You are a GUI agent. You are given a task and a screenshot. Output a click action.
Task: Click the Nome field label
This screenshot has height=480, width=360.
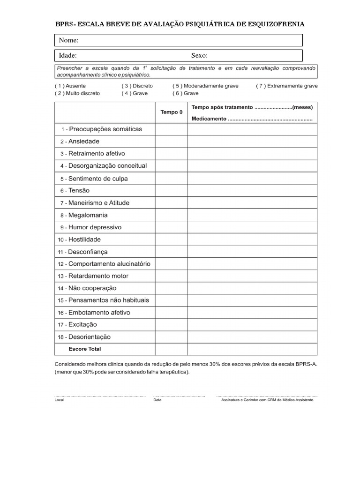pyautogui.click(x=68, y=40)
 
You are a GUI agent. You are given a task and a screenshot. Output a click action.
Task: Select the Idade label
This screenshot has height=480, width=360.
pyautogui.click(x=68, y=56)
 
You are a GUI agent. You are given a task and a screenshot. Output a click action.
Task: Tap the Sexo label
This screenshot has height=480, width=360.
pyautogui.click(x=199, y=56)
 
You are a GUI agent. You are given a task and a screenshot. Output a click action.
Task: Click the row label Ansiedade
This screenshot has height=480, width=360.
pyautogui.click(x=84, y=141)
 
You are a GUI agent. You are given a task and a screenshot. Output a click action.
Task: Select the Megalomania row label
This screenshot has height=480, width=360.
pyautogui.click(x=88, y=215)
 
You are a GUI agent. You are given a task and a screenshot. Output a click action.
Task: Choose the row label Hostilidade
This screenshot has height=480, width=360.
pyautogui.click(x=84, y=240)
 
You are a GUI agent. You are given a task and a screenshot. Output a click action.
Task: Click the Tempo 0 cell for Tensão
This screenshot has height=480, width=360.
pyautogui.click(x=172, y=191)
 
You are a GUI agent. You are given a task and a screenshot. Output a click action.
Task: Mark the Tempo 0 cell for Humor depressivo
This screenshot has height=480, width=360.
pyautogui.click(x=172, y=227)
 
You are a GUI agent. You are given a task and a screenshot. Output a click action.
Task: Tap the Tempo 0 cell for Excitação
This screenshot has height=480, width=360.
pyautogui.click(x=172, y=324)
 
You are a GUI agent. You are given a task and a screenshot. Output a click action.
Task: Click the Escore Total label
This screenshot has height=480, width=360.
pyautogui.click(x=85, y=349)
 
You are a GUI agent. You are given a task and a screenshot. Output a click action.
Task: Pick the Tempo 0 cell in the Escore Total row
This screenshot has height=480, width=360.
pyautogui.click(x=172, y=349)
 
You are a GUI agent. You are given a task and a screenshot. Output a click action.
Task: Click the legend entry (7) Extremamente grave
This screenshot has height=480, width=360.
pyautogui.click(x=287, y=86)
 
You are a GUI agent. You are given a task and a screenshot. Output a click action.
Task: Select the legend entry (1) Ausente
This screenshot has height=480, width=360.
pyautogui.click(x=70, y=86)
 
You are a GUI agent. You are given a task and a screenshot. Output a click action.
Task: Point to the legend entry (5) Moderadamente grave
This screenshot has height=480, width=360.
pyautogui.click(x=205, y=86)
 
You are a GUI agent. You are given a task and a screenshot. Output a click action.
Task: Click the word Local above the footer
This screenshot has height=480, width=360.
pyautogui.click(x=59, y=400)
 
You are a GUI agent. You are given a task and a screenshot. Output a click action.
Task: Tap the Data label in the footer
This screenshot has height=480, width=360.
pyautogui.click(x=157, y=400)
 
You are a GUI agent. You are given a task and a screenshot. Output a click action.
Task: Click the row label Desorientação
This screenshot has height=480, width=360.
pyautogui.click(x=89, y=337)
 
